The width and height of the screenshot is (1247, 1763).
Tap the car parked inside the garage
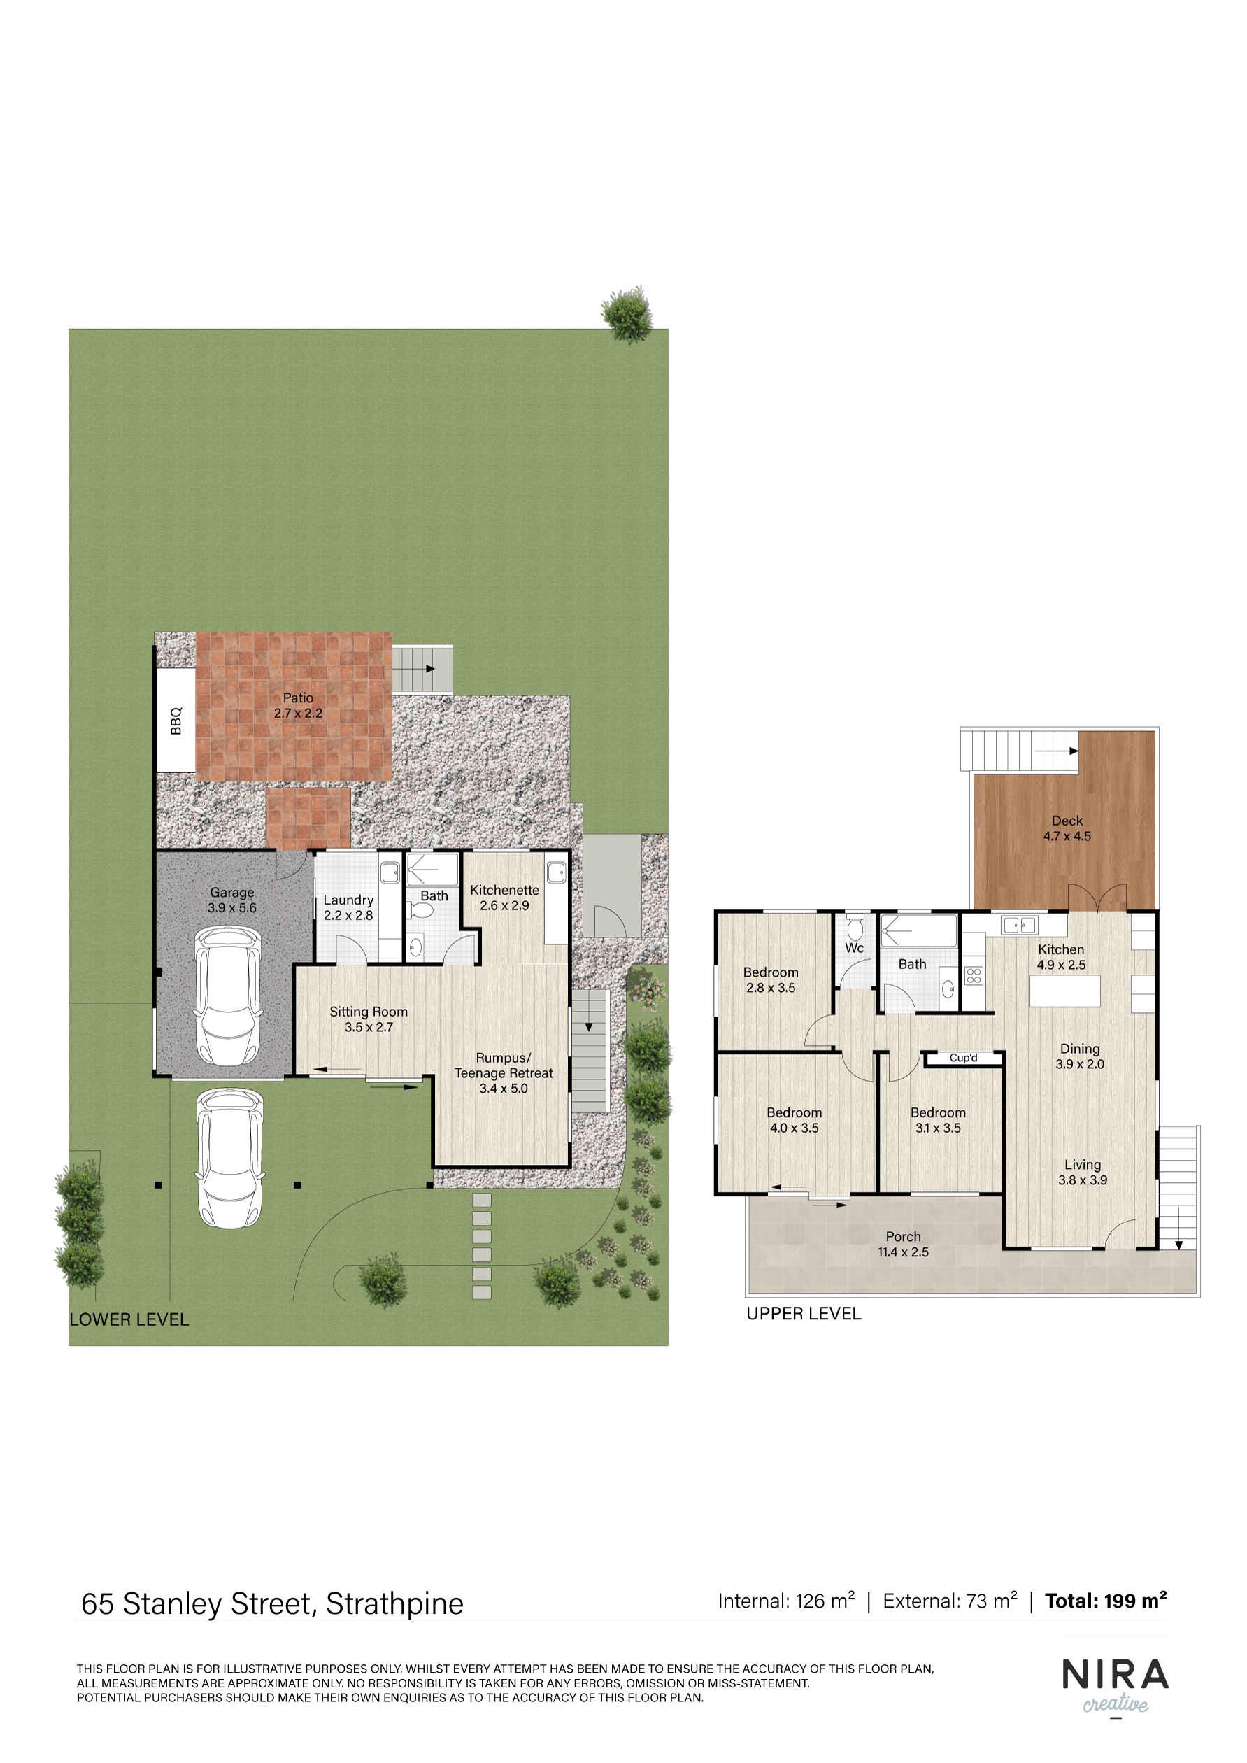(x=229, y=996)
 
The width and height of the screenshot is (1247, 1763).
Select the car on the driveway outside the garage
(x=229, y=1158)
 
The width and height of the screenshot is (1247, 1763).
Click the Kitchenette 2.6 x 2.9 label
(x=504, y=898)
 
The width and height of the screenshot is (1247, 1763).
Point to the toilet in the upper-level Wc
(x=855, y=926)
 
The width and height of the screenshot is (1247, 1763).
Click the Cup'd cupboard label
(x=963, y=1058)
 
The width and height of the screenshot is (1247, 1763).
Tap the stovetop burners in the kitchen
(x=974, y=977)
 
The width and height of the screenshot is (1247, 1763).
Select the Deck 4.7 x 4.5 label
(x=1067, y=828)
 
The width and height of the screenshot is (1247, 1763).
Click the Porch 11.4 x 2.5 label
(x=903, y=1244)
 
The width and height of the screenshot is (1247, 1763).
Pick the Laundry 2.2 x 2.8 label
(x=348, y=907)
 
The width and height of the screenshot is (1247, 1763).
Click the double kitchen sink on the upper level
(x=1020, y=925)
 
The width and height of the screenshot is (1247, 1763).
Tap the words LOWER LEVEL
(x=129, y=1319)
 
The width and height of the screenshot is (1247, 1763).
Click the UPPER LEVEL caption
(x=804, y=1314)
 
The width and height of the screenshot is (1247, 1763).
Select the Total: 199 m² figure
(x=1106, y=1600)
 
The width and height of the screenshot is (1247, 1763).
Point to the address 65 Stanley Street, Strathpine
(x=273, y=1604)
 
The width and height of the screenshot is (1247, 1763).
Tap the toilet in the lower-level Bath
(x=421, y=910)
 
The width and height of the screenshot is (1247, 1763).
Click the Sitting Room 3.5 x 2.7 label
(x=369, y=1019)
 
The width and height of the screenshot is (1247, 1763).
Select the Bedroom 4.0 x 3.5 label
(x=794, y=1120)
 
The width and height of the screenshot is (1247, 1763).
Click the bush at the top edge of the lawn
(x=627, y=314)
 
